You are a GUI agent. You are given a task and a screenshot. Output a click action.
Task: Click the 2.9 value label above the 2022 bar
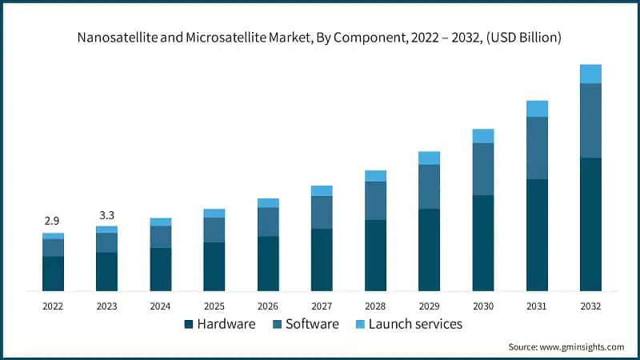(x=51, y=220)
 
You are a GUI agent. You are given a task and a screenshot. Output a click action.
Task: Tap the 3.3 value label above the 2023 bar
(x=106, y=215)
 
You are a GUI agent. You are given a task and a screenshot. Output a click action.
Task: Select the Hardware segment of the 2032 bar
(x=590, y=224)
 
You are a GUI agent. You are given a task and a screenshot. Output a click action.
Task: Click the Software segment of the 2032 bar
(x=590, y=120)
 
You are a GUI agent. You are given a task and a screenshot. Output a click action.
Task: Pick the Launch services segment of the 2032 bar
(x=590, y=74)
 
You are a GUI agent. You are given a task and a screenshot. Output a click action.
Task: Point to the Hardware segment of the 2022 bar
(x=53, y=273)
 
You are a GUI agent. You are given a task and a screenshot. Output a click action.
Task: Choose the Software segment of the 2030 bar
(x=483, y=169)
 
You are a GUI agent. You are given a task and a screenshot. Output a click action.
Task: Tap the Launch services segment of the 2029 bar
(x=430, y=158)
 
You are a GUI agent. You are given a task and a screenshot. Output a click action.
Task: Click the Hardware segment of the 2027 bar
(x=322, y=259)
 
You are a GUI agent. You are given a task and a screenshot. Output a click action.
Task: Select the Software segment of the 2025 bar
(x=214, y=230)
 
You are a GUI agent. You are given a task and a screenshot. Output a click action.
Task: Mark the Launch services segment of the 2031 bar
(x=537, y=109)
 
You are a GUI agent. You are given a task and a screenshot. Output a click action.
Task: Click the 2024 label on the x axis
(x=160, y=306)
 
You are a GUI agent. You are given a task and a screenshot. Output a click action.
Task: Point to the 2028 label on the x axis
(x=375, y=306)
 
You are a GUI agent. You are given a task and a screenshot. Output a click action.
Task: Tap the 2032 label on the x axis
(x=590, y=306)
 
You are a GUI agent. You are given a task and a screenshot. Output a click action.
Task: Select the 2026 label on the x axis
(x=268, y=306)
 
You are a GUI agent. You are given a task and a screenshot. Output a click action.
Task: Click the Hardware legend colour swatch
(x=189, y=324)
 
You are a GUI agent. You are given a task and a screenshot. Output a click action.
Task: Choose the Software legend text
(x=313, y=324)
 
